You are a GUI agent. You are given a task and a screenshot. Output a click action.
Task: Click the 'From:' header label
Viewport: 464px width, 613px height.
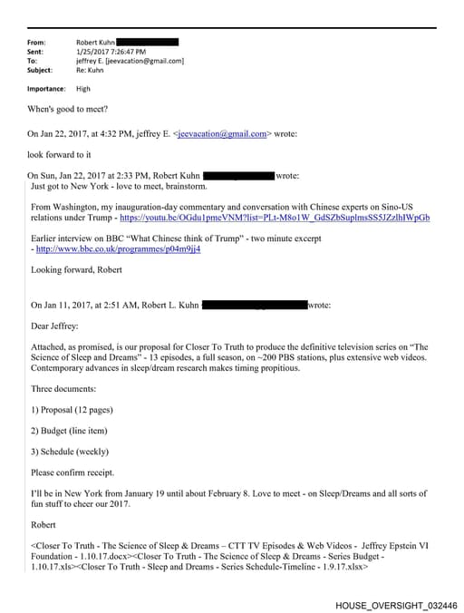[37, 43]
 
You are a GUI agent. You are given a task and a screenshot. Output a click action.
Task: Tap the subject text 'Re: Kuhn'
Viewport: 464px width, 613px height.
[92, 70]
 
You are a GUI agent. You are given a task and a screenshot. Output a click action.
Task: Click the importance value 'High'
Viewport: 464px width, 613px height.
[83, 89]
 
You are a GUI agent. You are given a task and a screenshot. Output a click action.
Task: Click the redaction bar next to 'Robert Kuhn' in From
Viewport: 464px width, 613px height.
[148, 43]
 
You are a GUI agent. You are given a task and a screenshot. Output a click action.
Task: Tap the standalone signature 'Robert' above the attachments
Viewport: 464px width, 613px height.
[44, 524]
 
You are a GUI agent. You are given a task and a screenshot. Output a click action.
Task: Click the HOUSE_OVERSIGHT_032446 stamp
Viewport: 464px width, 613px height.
[395, 603]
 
